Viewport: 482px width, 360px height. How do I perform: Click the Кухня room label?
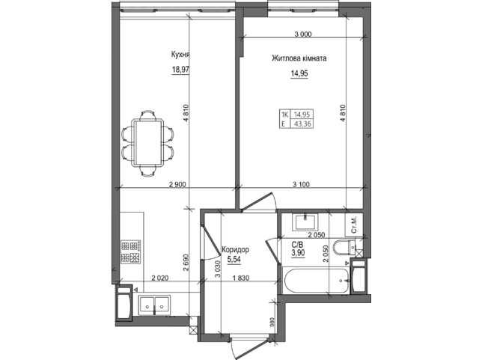click(x=180, y=55)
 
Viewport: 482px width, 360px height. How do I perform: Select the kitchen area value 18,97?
click(x=180, y=70)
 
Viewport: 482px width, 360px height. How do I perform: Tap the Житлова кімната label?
click(x=299, y=58)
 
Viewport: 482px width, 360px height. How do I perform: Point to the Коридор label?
click(x=235, y=249)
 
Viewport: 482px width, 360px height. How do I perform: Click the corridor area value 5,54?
click(x=234, y=260)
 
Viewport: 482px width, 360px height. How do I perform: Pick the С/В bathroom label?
click(x=297, y=245)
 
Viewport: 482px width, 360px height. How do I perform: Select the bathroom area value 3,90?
click(x=298, y=253)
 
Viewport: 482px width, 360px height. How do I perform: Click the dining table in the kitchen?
click(x=147, y=143)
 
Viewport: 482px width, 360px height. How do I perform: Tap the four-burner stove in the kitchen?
click(x=131, y=251)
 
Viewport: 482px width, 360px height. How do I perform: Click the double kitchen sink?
click(x=154, y=305)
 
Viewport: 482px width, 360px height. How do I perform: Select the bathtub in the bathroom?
click(x=316, y=281)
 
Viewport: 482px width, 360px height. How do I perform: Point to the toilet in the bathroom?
click(x=345, y=248)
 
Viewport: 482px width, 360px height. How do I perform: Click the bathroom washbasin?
click(x=306, y=222)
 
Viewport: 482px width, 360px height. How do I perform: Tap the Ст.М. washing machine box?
click(x=354, y=225)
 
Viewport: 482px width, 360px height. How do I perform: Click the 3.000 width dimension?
click(x=303, y=34)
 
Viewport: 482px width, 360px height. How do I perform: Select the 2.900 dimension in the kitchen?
click(x=177, y=184)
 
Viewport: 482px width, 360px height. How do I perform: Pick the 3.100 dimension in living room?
click(x=301, y=184)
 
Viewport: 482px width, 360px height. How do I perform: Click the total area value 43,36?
click(x=302, y=124)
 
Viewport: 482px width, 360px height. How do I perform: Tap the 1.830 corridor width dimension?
click(x=241, y=278)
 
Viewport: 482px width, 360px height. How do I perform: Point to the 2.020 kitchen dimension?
click(x=160, y=278)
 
